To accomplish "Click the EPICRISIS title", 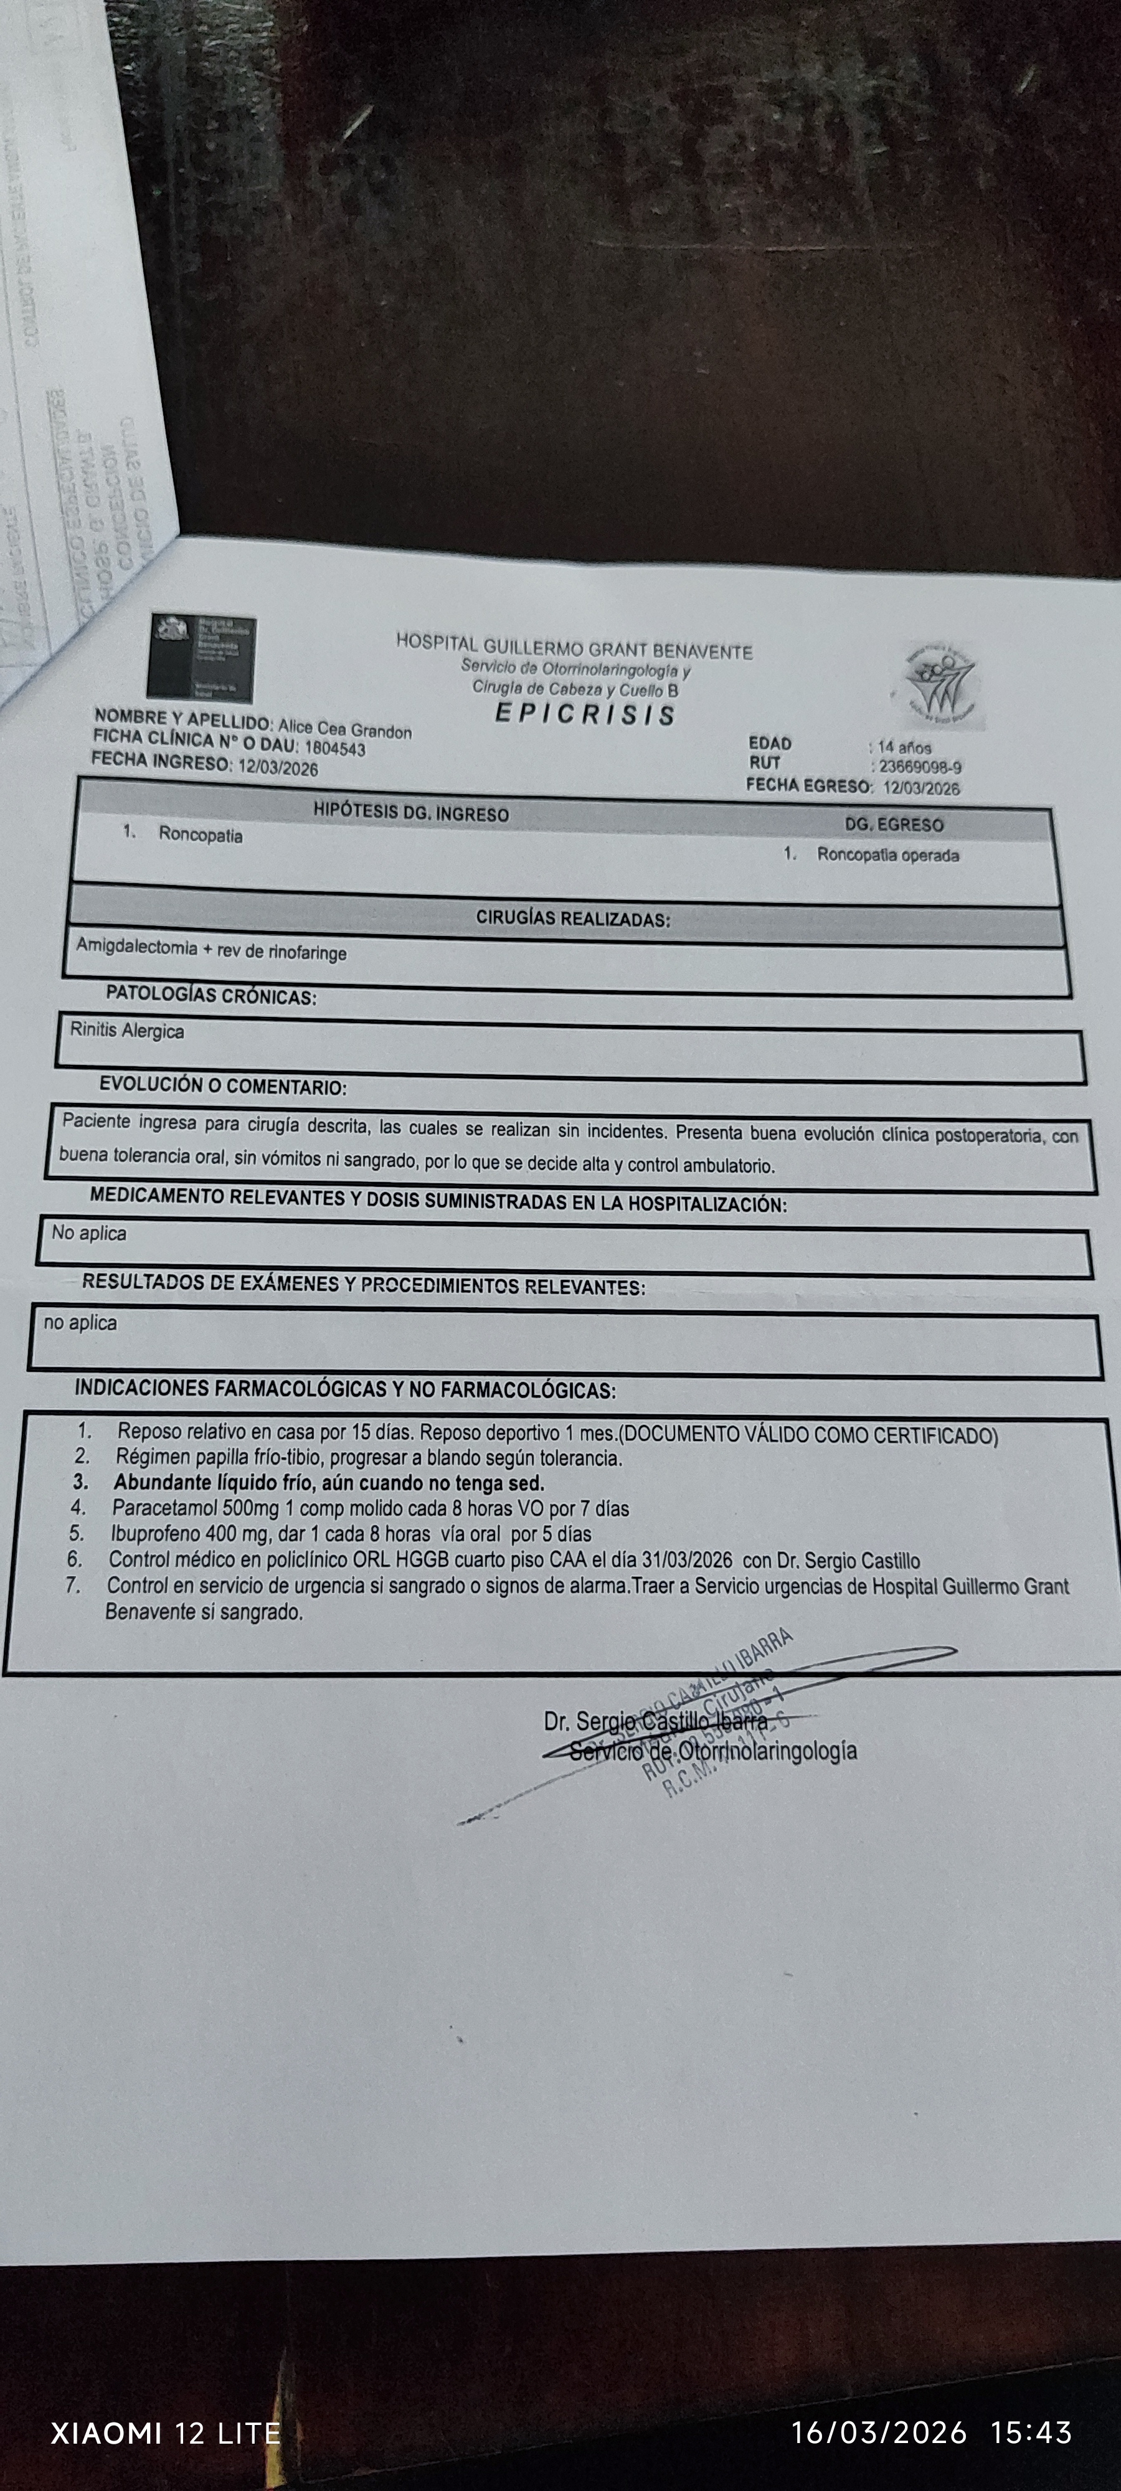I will pyautogui.click(x=584, y=715).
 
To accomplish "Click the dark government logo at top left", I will pyautogui.click(x=201, y=658).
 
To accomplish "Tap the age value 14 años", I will pyautogui.click(x=904, y=747).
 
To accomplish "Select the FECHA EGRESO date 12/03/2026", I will pyautogui.click(x=921, y=788).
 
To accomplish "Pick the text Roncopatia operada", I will pyautogui.click(x=888, y=855).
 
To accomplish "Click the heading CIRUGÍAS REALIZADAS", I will pyautogui.click(x=572, y=919).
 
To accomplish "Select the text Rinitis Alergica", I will pyautogui.click(x=126, y=1031).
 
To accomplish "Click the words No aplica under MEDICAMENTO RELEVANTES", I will pyautogui.click(x=89, y=1233).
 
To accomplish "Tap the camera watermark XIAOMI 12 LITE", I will pyautogui.click(x=166, y=2432).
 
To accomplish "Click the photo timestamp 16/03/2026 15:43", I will pyautogui.click(x=930, y=2432).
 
